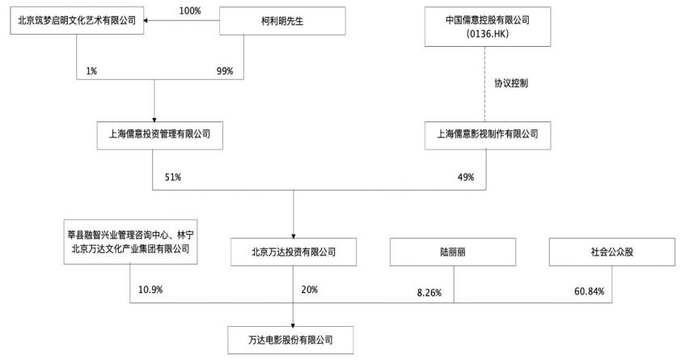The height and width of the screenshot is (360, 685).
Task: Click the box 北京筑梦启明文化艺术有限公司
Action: coord(77,20)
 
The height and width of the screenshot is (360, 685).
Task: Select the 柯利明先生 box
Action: coord(282,20)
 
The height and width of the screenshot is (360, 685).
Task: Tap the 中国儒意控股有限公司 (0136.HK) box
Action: coord(488,26)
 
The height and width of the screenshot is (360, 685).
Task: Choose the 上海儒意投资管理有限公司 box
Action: coord(159,135)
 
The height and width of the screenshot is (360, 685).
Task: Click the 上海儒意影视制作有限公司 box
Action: coord(488,135)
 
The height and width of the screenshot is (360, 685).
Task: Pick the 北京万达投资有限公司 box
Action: coord(294,252)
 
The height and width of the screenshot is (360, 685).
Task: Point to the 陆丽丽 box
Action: coord(453,252)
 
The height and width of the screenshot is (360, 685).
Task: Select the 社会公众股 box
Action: coord(612,252)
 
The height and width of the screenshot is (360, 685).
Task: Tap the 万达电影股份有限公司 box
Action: coord(290,340)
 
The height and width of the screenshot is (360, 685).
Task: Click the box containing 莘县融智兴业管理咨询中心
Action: coord(130,242)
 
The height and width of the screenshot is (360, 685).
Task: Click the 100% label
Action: coord(190,11)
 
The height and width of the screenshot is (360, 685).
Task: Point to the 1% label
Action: coord(91,70)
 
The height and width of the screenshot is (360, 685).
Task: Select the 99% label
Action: coord(225,70)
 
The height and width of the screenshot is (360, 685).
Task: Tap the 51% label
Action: coord(173,177)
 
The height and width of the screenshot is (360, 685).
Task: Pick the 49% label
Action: coord(466,177)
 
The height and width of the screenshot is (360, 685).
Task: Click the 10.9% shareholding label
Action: coord(150,290)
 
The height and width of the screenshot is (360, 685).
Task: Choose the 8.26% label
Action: coord(429,293)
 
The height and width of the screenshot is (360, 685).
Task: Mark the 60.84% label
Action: coord(590,291)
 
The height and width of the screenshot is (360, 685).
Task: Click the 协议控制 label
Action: coord(511,83)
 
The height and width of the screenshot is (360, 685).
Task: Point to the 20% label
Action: coord(309,290)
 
